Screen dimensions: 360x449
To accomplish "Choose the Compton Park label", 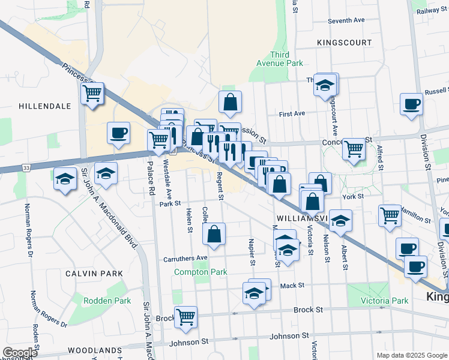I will tap(200, 272).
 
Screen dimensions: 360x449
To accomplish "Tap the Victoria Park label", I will tap(384, 301).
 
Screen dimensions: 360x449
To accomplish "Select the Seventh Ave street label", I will tap(346, 20).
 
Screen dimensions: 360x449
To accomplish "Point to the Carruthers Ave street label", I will tap(185, 259).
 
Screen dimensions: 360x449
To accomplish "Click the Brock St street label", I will tap(309, 310).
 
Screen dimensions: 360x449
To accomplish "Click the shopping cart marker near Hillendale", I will tap(92, 93).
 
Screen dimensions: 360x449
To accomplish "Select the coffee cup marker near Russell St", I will tap(412, 104).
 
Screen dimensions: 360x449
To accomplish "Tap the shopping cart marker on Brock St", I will tap(185, 316).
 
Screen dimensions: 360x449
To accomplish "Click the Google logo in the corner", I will tap(20, 353).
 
